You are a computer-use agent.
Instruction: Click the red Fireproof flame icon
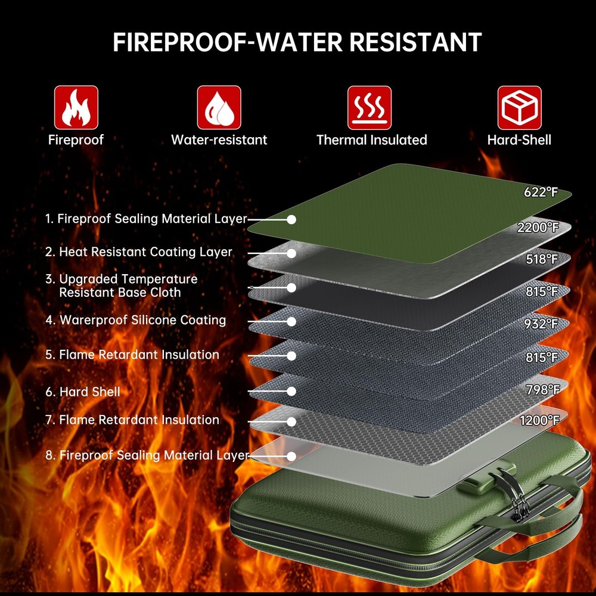pos(76,107)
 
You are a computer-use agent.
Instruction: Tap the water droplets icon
pos(219,107)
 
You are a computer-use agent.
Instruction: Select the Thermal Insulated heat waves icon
pos(370,107)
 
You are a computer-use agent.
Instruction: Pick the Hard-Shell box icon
pos(520,107)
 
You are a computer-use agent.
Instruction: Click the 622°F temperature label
pos(541,193)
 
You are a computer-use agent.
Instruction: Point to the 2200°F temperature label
pos(538,227)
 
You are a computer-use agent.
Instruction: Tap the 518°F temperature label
pos(542,259)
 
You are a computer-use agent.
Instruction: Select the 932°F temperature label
pos(541,324)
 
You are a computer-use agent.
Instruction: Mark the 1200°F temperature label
pos(539,420)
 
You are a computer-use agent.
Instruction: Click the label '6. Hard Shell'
pos(83,392)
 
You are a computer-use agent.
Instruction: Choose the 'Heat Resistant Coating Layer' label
pos(145,252)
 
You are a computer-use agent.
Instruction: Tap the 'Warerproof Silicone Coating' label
pos(142,320)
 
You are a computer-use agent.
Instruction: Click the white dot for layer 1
pos(291,220)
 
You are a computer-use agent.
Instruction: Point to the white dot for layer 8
pos(291,456)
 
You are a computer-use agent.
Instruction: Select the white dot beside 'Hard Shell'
pos(291,391)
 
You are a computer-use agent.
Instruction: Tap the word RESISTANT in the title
pos(415,42)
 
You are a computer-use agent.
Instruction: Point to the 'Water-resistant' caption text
pos(219,140)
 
